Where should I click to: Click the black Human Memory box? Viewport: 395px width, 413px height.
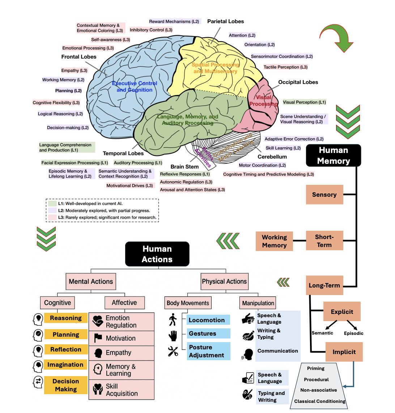point(333,156)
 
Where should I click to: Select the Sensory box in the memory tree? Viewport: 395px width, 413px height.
point(324,195)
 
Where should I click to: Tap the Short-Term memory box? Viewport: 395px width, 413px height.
point(324,241)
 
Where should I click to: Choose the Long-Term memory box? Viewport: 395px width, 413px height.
point(324,285)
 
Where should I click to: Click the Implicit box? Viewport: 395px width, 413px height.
point(344,352)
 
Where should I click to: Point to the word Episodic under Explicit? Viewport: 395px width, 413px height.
point(353,333)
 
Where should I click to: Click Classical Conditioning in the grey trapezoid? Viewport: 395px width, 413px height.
point(319,401)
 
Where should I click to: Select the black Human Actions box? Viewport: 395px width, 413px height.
point(157,254)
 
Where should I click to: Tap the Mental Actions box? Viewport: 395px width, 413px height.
point(91,281)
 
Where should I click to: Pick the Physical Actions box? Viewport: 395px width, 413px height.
point(224,281)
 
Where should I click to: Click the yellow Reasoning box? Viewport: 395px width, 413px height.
point(66,318)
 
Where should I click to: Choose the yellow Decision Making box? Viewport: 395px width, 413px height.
point(66,385)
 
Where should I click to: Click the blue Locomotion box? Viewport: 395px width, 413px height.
point(209,320)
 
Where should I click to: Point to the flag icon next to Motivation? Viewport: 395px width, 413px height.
point(98,338)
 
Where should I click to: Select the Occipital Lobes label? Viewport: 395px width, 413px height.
point(298,82)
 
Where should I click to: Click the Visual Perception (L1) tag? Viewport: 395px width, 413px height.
point(304,102)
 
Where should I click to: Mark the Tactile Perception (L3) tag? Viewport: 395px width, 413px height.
point(285,67)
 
